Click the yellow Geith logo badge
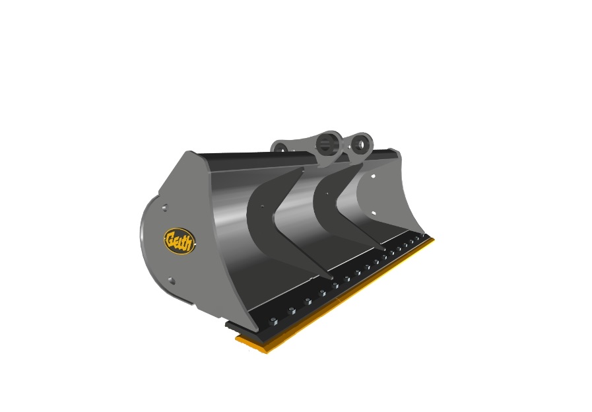[179, 241]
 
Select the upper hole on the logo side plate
[164, 208]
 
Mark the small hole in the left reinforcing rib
[262, 207]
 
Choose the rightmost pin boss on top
[361, 143]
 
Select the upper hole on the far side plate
[374, 177]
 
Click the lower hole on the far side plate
[374, 213]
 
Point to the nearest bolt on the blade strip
[273, 321]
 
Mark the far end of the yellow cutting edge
[434, 240]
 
